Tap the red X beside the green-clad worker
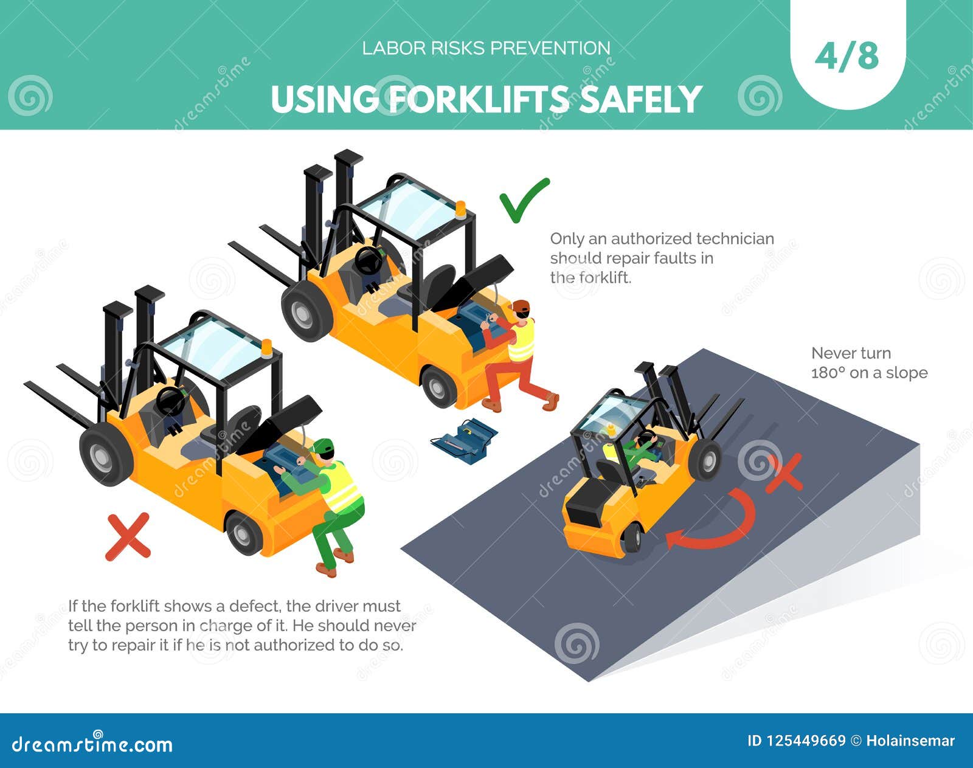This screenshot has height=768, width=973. [128, 536]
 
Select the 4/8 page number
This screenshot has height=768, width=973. [847, 57]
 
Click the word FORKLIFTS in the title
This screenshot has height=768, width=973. [479, 99]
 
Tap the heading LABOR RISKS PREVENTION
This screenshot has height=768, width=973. [486, 49]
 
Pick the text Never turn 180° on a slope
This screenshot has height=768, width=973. [869, 363]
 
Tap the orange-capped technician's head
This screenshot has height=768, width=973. [522, 308]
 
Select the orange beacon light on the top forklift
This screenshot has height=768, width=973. [461, 210]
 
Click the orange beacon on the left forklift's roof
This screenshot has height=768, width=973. [266, 348]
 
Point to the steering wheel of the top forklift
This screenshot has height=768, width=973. [368, 261]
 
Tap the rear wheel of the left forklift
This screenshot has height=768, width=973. [244, 532]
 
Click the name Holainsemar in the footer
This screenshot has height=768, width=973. [910, 741]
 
